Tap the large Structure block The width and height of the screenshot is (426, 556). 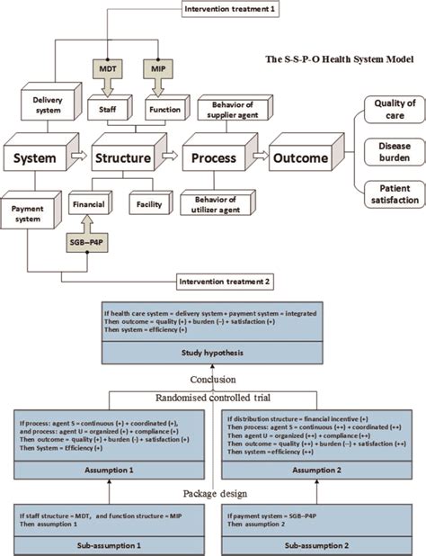click(123, 159)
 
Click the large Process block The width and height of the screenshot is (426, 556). click(213, 159)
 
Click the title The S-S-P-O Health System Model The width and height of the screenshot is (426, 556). click(339, 59)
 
